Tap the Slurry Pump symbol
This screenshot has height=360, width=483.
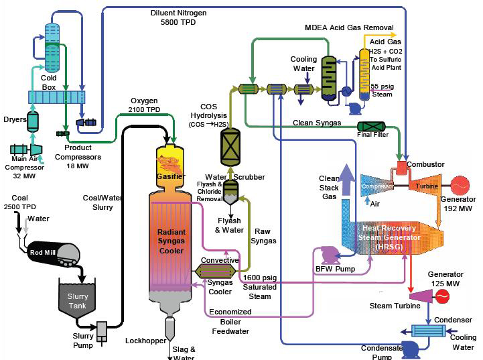102,329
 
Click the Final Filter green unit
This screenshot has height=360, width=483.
372,126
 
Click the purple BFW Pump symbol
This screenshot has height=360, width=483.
330,254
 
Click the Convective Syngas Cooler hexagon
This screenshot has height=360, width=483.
209,270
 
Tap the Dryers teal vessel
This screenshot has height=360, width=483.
33,121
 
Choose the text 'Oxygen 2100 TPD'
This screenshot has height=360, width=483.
145,105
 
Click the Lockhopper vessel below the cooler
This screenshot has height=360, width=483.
169,328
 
